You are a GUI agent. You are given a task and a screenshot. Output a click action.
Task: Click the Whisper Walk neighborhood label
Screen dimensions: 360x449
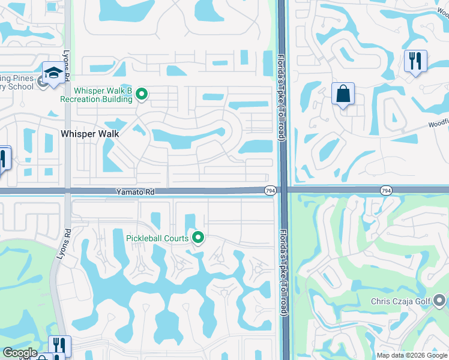click(90, 134)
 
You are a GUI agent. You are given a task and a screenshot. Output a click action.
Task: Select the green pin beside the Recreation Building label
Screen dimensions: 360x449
click(142, 94)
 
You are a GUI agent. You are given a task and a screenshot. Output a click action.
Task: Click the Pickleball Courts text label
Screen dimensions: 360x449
click(157, 238)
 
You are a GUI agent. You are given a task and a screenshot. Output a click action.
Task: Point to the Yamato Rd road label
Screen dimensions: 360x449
click(135, 192)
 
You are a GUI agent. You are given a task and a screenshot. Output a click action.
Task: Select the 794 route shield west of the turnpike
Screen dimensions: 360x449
click(270, 190)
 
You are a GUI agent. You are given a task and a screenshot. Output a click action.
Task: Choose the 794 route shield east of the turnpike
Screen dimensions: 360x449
click(387, 190)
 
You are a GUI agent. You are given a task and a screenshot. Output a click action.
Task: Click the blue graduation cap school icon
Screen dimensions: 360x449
click(53, 73)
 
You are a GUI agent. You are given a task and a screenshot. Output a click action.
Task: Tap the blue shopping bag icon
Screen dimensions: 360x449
click(343, 94)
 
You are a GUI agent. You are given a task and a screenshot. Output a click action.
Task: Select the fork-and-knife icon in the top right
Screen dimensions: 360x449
click(415, 61)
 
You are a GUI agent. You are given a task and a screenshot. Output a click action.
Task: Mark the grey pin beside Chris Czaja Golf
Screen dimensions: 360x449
click(439, 299)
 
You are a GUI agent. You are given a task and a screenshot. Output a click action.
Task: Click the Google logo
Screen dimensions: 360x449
click(19, 353)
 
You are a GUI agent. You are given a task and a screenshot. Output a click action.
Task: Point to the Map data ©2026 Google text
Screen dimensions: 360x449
click(412, 355)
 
